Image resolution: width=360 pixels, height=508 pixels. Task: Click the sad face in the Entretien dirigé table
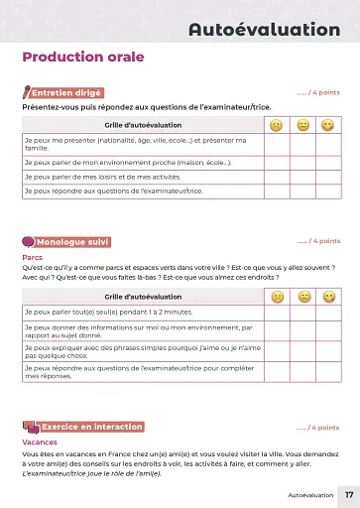pyautogui.click(x=277, y=125)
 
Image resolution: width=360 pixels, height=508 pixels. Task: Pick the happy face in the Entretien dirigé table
pyautogui.click(x=327, y=125)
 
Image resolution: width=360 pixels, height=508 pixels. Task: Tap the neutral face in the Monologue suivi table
pyautogui.click(x=302, y=297)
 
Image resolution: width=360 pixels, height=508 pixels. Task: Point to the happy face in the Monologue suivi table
pyautogui.click(x=327, y=297)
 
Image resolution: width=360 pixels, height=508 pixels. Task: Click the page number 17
pyautogui.click(x=348, y=493)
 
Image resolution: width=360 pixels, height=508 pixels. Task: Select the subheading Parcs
pyautogui.click(x=32, y=256)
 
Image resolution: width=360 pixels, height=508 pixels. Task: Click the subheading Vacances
pyautogui.click(x=38, y=442)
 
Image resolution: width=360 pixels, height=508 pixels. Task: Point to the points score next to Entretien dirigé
pyautogui.click(x=317, y=92)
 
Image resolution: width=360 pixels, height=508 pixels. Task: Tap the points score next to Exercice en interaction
pyautogui.click(x=317, y=428)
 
